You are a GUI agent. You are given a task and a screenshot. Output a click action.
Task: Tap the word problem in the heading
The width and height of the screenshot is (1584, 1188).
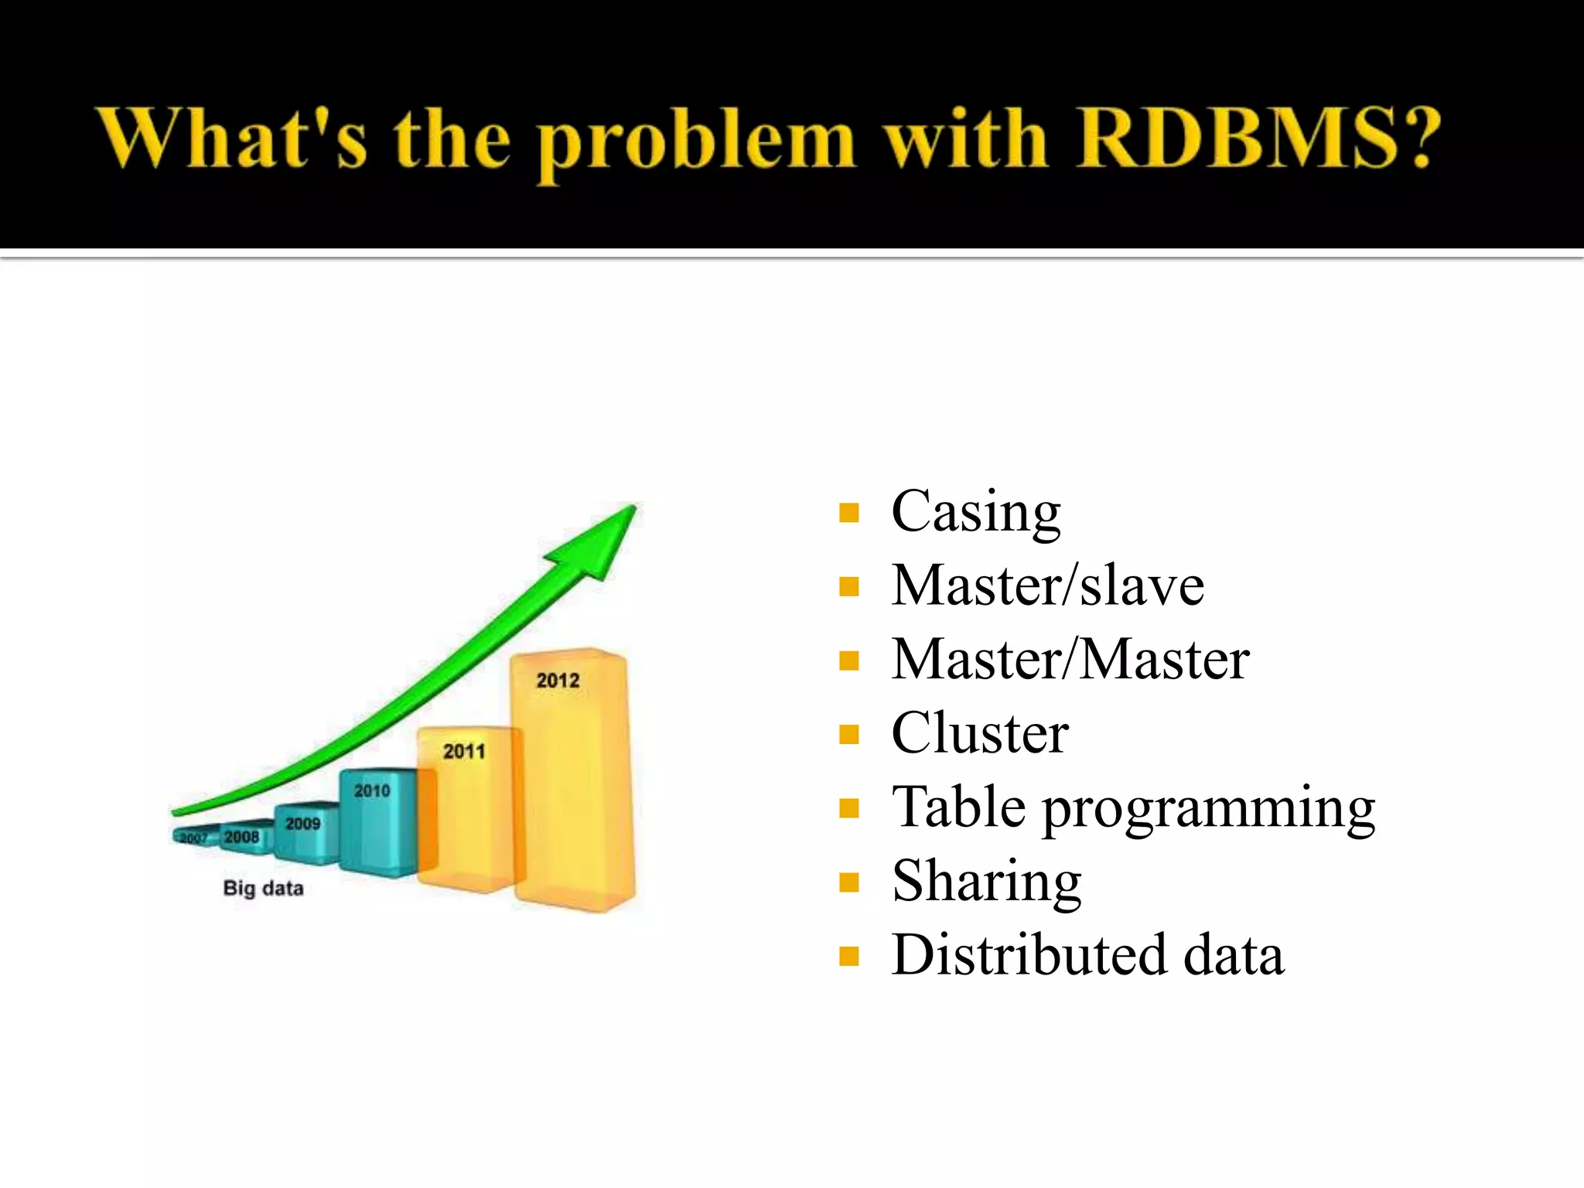tap(696, 143)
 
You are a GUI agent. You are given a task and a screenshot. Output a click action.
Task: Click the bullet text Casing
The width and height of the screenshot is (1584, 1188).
tap(975, 513)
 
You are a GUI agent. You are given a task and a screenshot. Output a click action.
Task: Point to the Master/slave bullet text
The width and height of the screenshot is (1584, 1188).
tap(1047, 585)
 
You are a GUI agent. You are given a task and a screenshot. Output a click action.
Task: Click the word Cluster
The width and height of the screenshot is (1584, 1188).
tap(979, 733)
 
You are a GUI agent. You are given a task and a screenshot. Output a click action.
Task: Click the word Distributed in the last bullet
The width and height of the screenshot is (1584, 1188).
tap(1029, 955)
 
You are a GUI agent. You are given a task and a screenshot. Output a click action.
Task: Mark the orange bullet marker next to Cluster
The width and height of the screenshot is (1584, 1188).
tap(848, 734)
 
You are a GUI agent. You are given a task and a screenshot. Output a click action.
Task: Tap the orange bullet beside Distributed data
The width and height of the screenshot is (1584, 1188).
tap(848, 957)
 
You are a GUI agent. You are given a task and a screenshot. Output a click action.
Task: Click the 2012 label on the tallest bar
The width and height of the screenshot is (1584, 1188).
tap(558, 681)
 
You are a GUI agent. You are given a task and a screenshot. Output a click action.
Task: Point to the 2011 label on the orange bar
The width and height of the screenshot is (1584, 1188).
tap(464, 751)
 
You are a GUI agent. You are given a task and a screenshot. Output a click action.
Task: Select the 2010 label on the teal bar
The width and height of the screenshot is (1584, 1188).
tap(372, 790)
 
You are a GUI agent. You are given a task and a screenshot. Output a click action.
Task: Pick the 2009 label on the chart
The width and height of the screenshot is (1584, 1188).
tap(302, 824)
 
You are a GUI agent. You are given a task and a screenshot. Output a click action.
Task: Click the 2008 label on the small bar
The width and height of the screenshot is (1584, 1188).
tap(241, 837)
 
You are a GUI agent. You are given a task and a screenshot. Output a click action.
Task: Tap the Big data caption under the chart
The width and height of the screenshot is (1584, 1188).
tap(263, 888)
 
